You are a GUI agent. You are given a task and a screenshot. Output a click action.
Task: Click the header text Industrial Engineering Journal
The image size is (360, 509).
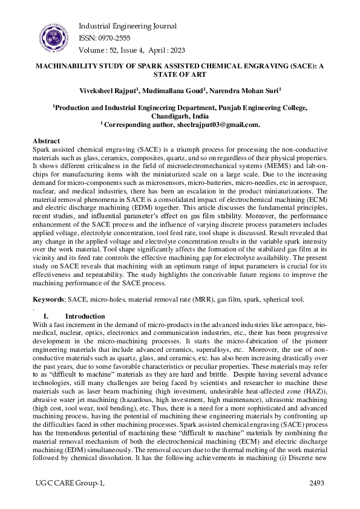tap(128, 26)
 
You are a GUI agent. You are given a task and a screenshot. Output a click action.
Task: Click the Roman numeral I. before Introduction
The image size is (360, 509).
tap(45, 316)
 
